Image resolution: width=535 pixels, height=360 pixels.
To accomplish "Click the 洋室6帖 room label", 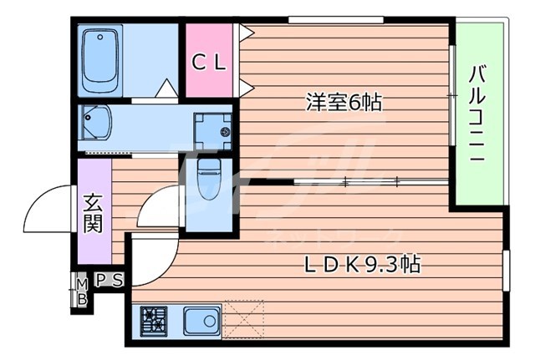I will [344, 103].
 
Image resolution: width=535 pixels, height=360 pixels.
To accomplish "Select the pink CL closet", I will [210, 61].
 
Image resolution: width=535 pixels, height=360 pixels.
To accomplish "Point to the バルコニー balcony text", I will [479, 114].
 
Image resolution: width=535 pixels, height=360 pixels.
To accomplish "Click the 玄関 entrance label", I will [94, 213].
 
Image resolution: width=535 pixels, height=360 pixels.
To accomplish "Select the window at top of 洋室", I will [324, 19].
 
